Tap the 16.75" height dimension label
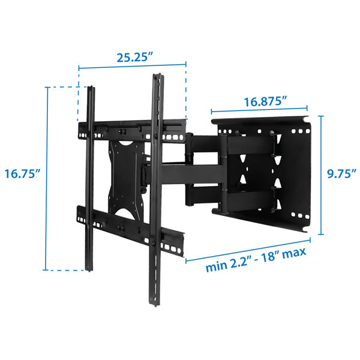(x=22, y=174)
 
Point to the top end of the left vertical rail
(x=91, y=90)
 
